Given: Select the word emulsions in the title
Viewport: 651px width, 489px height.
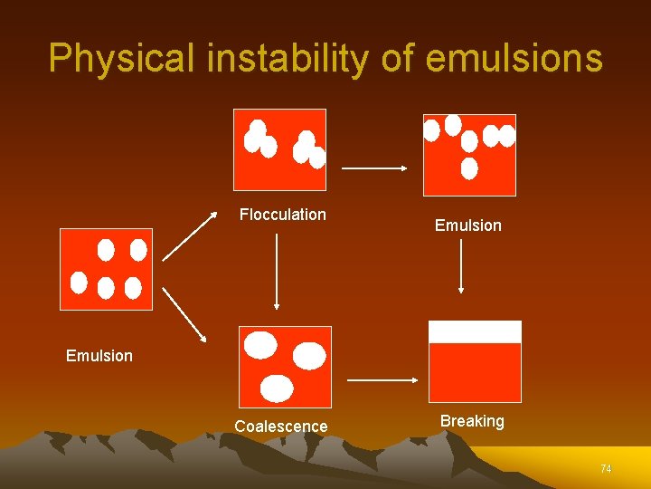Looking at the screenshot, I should click(x=514, y=58).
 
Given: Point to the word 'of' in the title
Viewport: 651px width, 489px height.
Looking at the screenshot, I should click(x=392, y=58).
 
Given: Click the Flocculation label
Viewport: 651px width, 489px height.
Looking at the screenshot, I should click(x=282, y=215).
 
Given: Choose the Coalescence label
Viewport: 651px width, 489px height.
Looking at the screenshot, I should click(x=281, y=427).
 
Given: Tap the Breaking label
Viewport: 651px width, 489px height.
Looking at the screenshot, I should click(x=472, y=421).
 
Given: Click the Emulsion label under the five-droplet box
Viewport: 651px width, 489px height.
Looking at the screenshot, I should click(x=99, y=356).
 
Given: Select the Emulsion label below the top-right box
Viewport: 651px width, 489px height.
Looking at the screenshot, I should click(x=467, y=225).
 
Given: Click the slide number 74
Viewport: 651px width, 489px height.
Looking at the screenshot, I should click(x=606, y=469).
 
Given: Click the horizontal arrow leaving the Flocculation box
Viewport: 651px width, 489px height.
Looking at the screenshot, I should click(x=374, y=168).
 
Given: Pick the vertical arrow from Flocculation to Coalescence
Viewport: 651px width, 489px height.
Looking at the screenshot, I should click(x=276, y=271).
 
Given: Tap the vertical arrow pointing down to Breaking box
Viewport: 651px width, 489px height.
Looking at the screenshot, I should click(x=461, y=266).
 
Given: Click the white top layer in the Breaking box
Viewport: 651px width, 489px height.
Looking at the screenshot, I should click(x=475, y=331).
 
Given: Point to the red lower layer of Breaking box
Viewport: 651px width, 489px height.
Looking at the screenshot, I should click(x=475, y=372).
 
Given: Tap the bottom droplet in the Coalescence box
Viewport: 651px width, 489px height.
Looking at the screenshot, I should click(x=278, y=388).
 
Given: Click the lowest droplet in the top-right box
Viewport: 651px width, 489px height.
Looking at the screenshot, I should click(x=469, y=168).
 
